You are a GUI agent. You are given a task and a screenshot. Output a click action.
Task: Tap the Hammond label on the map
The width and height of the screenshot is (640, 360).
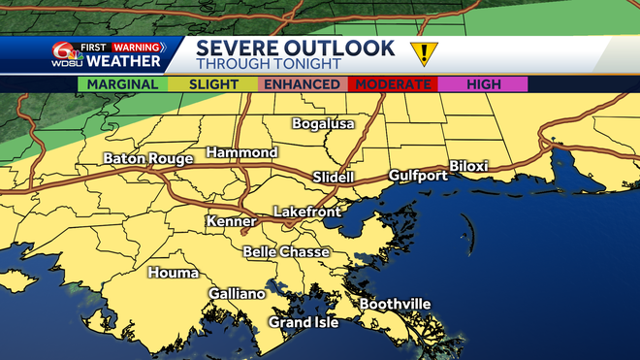click(242, 153)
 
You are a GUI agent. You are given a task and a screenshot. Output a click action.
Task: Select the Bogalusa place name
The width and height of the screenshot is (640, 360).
click(324, 124)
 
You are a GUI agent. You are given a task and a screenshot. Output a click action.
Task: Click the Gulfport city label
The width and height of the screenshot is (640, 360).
click(418, 176)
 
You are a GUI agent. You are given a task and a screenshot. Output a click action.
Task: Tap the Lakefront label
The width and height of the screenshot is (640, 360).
click(304, 211)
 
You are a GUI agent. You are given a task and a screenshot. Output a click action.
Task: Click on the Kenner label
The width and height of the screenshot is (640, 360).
click(231, 222)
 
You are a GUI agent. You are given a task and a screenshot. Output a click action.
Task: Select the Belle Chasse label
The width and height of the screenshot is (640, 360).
click(286, 252)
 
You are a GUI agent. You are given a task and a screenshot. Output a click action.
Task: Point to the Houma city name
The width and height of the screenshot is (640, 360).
click(173, 273)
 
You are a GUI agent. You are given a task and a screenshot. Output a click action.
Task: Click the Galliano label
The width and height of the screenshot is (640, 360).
click(237, 294)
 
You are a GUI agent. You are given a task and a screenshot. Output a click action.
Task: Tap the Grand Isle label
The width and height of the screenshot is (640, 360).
click(304, 322)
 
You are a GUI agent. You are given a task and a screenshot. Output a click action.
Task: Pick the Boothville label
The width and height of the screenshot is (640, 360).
click(396, 305)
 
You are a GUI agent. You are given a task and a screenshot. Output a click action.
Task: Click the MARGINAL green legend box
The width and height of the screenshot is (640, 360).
click(122, 84)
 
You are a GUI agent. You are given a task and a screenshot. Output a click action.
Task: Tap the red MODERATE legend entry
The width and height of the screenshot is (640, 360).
click(394, 84)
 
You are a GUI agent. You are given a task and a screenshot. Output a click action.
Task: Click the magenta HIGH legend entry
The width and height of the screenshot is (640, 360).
click(484, 84)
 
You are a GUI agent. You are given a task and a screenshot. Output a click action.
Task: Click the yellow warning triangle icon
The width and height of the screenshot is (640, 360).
click(423, 52)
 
